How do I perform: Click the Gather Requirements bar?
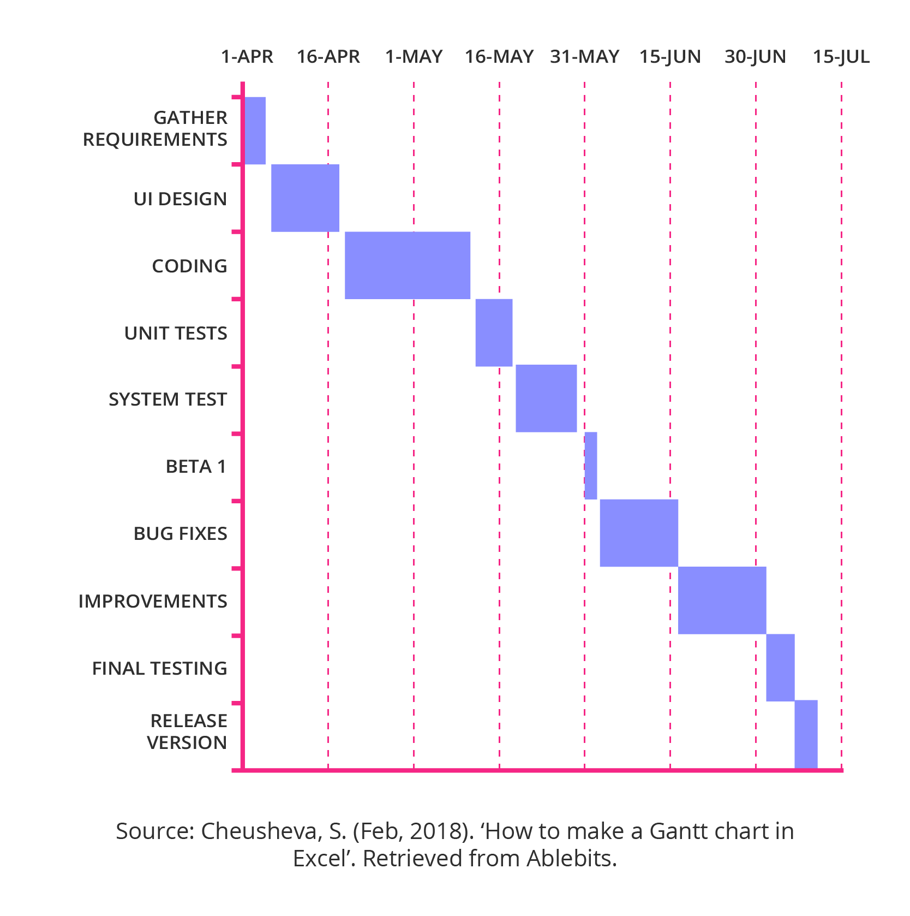click(x=255, y=130)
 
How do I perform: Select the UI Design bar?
click(x=305, y=198)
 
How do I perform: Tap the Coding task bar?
click(x=408, y=265)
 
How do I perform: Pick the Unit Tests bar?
click(x=494, y=332)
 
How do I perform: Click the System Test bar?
click(x=546, y=398)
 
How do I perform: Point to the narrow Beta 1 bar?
click(x=591, y=466)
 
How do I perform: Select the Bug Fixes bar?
click(x=639, y=533)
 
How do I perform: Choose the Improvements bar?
click(x=722, y=600)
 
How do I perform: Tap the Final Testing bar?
click(x=780, y=668)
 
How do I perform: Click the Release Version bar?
click(x=806, y=734)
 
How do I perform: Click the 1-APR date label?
click(x=247, y=57)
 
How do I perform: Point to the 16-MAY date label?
click(x=499, y=57)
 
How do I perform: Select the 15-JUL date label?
click(x=841, y=57)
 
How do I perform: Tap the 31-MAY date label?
click(x=584, y=57)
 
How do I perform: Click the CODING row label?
click(x=189, y=266)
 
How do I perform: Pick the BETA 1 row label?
click(x=196, y=467)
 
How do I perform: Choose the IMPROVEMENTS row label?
click(x=153, y=602)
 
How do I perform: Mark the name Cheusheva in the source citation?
click(x=259, y=831)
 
